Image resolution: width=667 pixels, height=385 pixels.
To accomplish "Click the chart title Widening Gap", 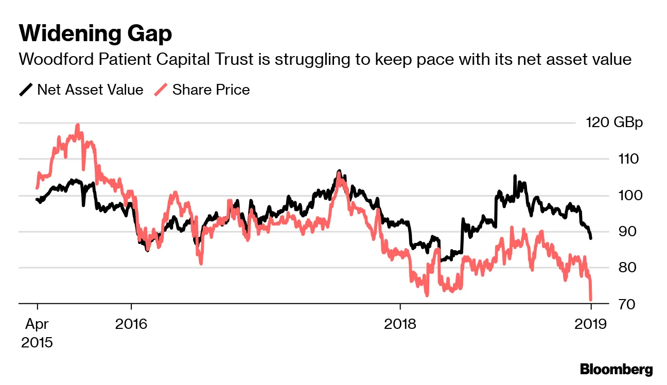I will coord(95,34).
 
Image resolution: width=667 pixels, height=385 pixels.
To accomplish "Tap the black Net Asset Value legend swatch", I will coord(26,90).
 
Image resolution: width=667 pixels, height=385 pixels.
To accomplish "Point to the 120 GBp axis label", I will coord(614,123).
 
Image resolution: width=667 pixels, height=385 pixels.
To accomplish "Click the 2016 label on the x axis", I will coord(131,324).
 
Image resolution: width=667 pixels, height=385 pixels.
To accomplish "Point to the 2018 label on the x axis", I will coord(400,324).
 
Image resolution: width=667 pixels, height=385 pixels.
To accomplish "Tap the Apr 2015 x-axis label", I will coord(37,333).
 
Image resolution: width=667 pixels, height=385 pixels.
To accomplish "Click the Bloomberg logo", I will coord(616,369).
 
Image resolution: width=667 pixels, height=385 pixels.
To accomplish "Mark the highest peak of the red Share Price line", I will coord(77,125).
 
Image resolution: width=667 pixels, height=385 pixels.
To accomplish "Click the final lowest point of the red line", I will coord(591,300).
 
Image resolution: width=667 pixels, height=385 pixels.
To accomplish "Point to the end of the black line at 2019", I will coord(591,238).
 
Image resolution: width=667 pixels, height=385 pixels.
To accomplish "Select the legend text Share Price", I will coord(211,90).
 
